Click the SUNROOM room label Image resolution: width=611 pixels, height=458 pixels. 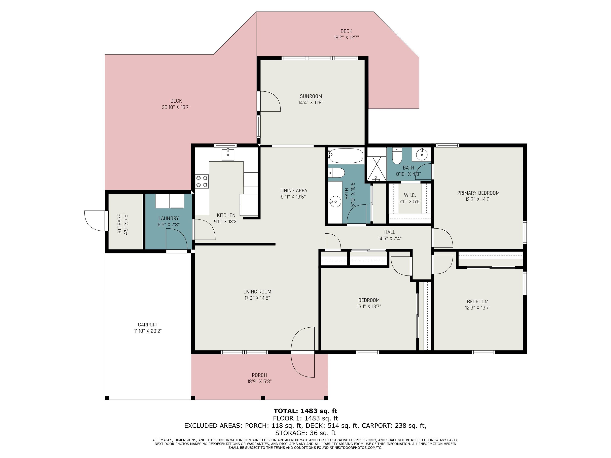coord(311,96)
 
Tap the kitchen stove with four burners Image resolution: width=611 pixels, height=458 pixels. coord(202,181)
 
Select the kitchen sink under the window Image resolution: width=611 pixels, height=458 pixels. coord(228,154)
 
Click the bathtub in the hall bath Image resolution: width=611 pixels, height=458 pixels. coord(345,156)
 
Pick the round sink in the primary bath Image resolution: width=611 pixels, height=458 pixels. coord(421,154)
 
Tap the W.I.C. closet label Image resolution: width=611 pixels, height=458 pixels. coord(410,195)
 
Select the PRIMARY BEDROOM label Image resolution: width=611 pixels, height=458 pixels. coord(478,193)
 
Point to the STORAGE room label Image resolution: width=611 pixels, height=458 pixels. coord(119,224)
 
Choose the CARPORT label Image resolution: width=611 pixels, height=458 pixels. coord(148,325)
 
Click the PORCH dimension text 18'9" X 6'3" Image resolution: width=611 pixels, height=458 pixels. coord(259,381)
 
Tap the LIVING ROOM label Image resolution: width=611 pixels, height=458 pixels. coord(257,292)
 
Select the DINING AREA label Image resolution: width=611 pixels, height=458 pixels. coord(293,190)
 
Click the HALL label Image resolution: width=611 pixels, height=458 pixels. coord(389,232)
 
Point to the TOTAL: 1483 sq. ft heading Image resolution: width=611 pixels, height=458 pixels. coord(305,411)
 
